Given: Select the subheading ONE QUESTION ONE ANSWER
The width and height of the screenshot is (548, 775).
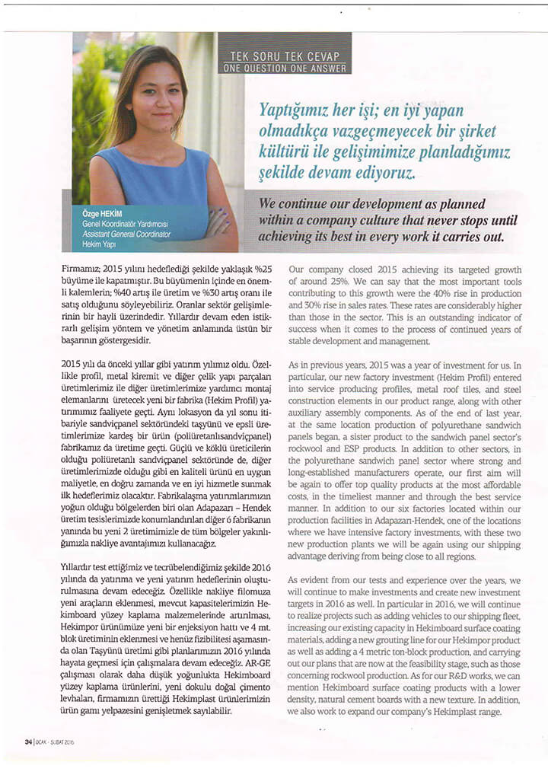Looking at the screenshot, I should [285, 69].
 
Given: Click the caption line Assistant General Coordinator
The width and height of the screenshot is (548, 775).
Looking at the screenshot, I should [126, 234].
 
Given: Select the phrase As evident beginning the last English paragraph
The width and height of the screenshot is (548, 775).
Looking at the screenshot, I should [308, 579].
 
